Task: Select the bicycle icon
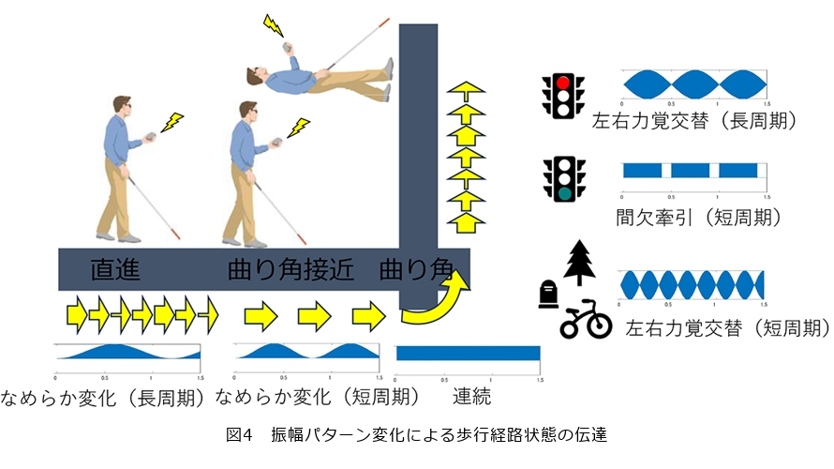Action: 586,319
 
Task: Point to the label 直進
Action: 115,270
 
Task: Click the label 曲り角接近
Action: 290,270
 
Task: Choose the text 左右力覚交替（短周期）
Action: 727,329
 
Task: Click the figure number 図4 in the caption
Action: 240,435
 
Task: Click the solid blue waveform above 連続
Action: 469,353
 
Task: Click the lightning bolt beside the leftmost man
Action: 172,121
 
